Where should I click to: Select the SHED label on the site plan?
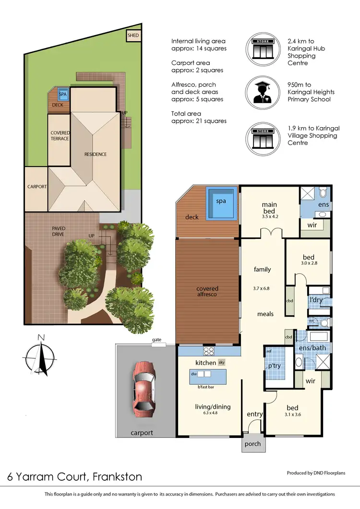point(132,36)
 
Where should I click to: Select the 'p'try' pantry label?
point(275,366)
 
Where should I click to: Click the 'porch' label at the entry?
point(252,444)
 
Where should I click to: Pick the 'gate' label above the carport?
point(156,340)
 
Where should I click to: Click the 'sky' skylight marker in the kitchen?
point(221,363)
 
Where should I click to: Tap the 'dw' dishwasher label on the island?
point(194,373)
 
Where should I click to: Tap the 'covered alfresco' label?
point(207,292)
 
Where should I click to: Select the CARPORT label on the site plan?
point(36,187)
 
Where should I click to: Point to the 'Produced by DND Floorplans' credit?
point(320,473)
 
